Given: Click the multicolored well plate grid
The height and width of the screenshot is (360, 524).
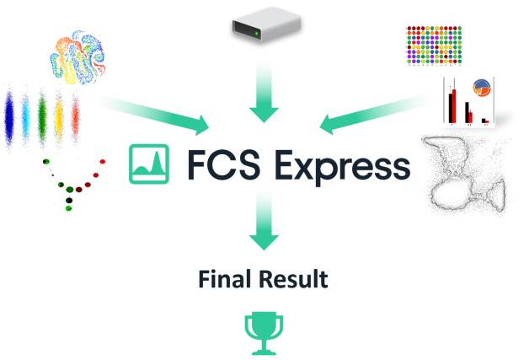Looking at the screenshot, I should [435, 45].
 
